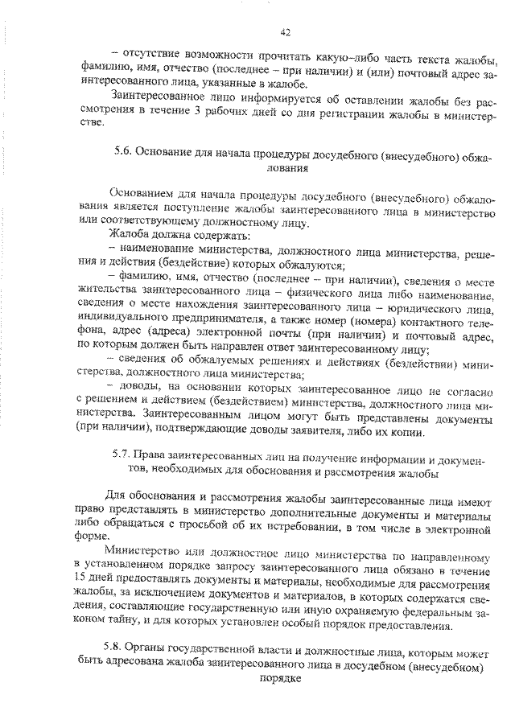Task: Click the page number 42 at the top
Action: (285, 33)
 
